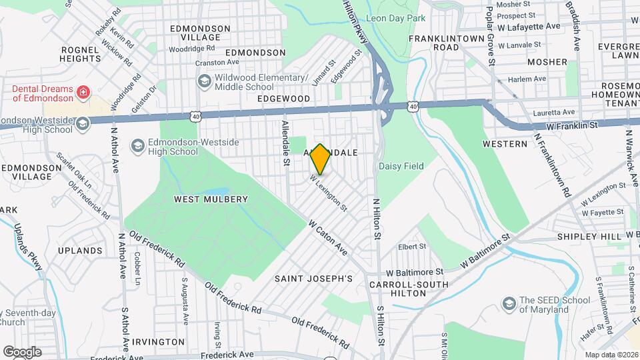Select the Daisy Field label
click(x=401, y=166)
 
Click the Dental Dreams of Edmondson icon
click(x=83, y=91)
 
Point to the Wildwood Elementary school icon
click(x=204, y=81)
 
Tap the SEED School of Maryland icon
click(x=511, y=304)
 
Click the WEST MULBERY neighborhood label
click(x=211, y=199)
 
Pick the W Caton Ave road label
click(x=327, y=238)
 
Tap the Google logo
click(x=22, y=351)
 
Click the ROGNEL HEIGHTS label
click(x=80, y=54)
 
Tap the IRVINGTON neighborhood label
click(x=158, y=341)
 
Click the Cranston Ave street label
click(x=217, y=63)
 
